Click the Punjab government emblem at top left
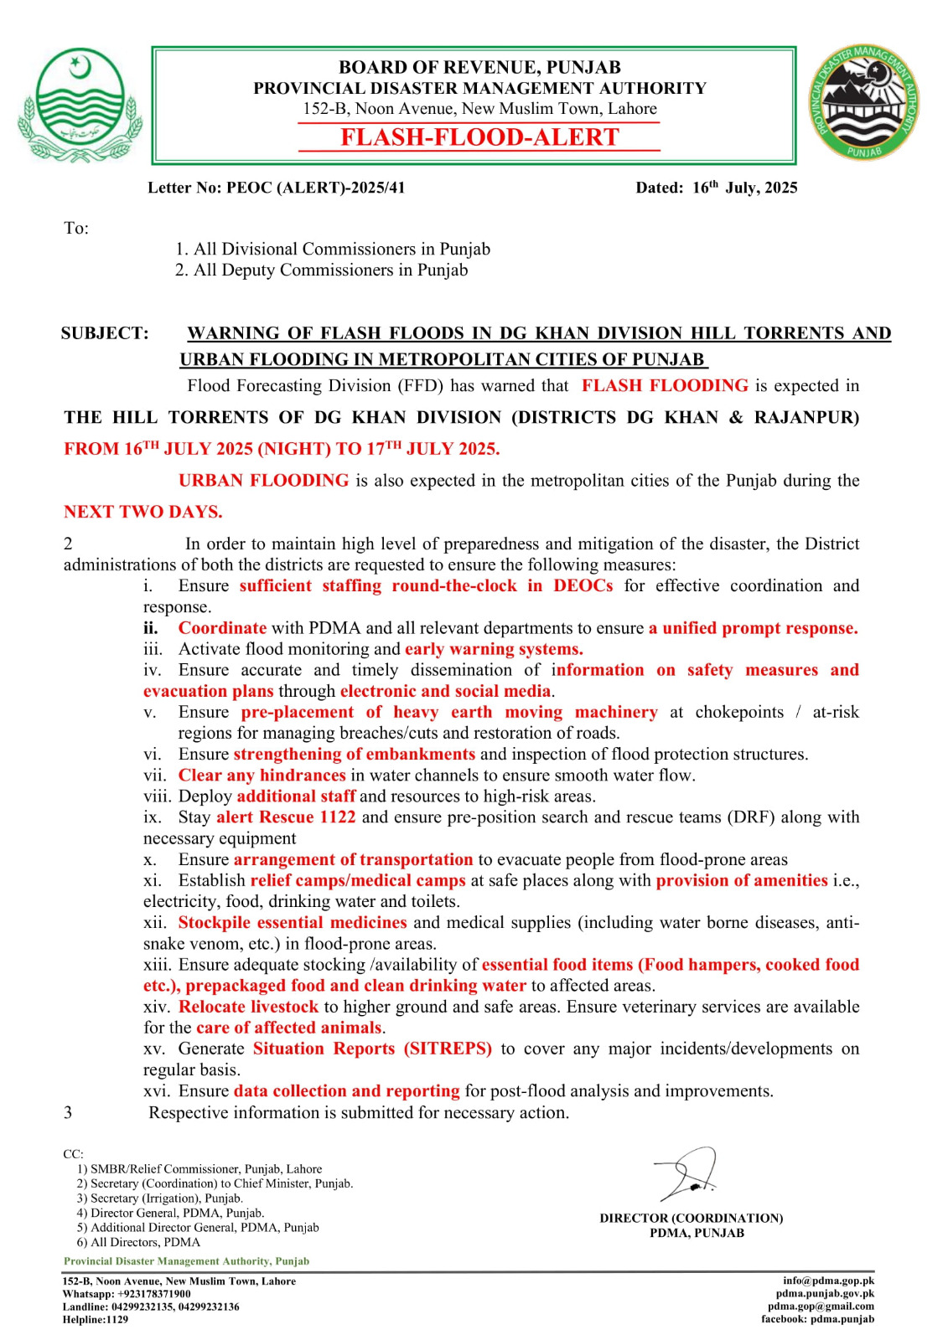click(79, 105)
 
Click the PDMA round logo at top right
click(863, 104)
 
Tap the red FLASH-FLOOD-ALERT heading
click(479, 137)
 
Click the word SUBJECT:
click(105, 333)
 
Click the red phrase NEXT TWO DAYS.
click(142, 512)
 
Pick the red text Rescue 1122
click(307, 817)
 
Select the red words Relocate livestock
click(248, 1007)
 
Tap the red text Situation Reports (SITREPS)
click(372, 1049)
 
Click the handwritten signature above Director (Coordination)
click(687, 1174)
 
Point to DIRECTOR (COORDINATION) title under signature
click(691, 1218)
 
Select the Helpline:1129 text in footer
click(96, 1320)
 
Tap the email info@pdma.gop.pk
click(828, 1281)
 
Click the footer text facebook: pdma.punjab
click(817, 1319)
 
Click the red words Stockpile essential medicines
click(292, 922)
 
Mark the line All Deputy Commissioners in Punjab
click(321, 270)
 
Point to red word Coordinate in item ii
click(222, 628)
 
